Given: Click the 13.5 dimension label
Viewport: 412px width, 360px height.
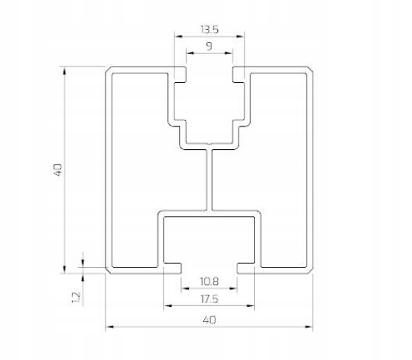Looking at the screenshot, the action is pos(210,30).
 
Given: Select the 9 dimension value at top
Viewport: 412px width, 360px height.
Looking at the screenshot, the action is pos(210,46).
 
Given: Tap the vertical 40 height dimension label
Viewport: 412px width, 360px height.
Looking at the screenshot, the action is pos(58,169).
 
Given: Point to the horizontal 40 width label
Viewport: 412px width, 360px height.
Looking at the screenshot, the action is pos(210,320).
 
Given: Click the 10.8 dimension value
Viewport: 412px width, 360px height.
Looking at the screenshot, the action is pos(210,282).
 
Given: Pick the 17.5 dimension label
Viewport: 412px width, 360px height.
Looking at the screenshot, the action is pos(210,299).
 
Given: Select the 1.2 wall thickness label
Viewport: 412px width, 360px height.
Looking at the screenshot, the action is pos(76,298).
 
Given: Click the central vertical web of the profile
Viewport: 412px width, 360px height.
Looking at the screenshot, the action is pos(209,180).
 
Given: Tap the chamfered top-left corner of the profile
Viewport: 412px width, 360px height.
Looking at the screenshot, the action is pos(109,70).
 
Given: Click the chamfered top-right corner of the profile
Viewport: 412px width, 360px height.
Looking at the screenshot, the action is pos(310,70).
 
